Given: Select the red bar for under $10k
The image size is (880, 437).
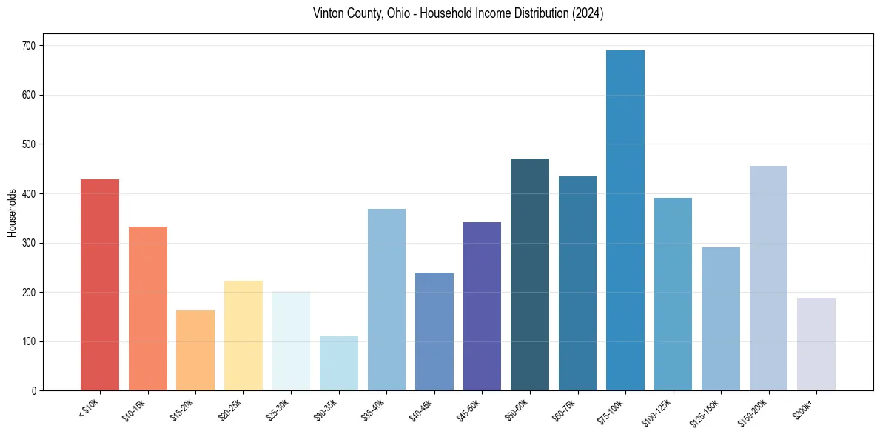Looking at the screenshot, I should point(100,284).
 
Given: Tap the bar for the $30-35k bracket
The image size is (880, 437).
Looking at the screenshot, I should point(339,363).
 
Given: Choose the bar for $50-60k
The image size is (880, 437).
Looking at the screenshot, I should point(530,274).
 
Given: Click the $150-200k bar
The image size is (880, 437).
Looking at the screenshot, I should point(768,278).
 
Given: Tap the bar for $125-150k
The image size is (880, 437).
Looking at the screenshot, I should point(721,318).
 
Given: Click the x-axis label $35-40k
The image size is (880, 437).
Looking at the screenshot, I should point(376,408).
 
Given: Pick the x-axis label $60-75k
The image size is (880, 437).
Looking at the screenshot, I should point(567,408).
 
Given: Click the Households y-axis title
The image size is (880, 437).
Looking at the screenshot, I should point(12,213).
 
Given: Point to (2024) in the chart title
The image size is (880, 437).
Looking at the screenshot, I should point(587,14).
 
